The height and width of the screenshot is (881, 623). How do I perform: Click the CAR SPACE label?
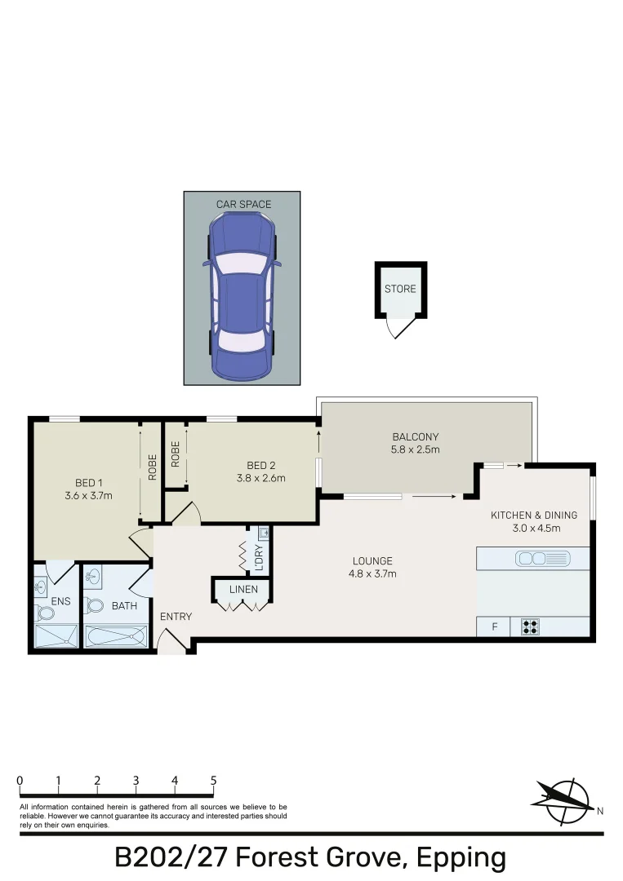[243, 204]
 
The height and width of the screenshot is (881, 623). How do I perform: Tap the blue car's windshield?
[241, 263]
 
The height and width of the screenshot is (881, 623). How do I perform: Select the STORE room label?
[400, 289]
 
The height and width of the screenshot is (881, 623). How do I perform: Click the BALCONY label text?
[415, 436]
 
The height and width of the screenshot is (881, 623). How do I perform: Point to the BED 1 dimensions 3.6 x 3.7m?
[87, 495]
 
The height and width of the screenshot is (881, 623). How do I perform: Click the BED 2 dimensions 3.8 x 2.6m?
[266, 478]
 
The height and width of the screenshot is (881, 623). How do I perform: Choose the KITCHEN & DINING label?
[533, 515]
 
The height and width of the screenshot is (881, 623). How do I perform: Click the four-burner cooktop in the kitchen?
[530, 627]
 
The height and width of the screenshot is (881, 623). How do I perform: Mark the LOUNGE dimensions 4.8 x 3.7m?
[372, 573]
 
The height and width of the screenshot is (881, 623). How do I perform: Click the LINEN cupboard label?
[243, 589]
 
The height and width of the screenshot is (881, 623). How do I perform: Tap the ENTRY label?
[176, 617]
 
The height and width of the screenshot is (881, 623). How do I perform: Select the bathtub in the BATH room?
[115, 635]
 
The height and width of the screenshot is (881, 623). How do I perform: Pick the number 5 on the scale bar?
[213, 781]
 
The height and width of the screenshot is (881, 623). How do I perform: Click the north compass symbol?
[564, 799]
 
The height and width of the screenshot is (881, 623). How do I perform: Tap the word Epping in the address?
[461, 858]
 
